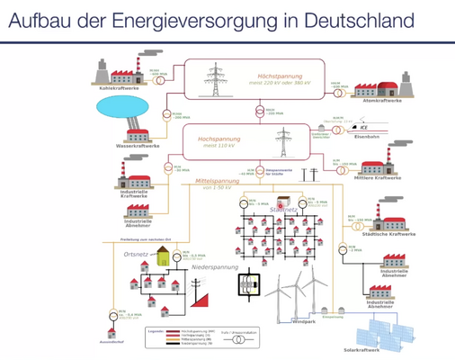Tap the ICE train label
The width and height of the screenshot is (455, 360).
[363, 128]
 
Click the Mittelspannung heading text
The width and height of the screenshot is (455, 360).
[217, 181]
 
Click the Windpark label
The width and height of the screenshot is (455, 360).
[306, 321]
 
